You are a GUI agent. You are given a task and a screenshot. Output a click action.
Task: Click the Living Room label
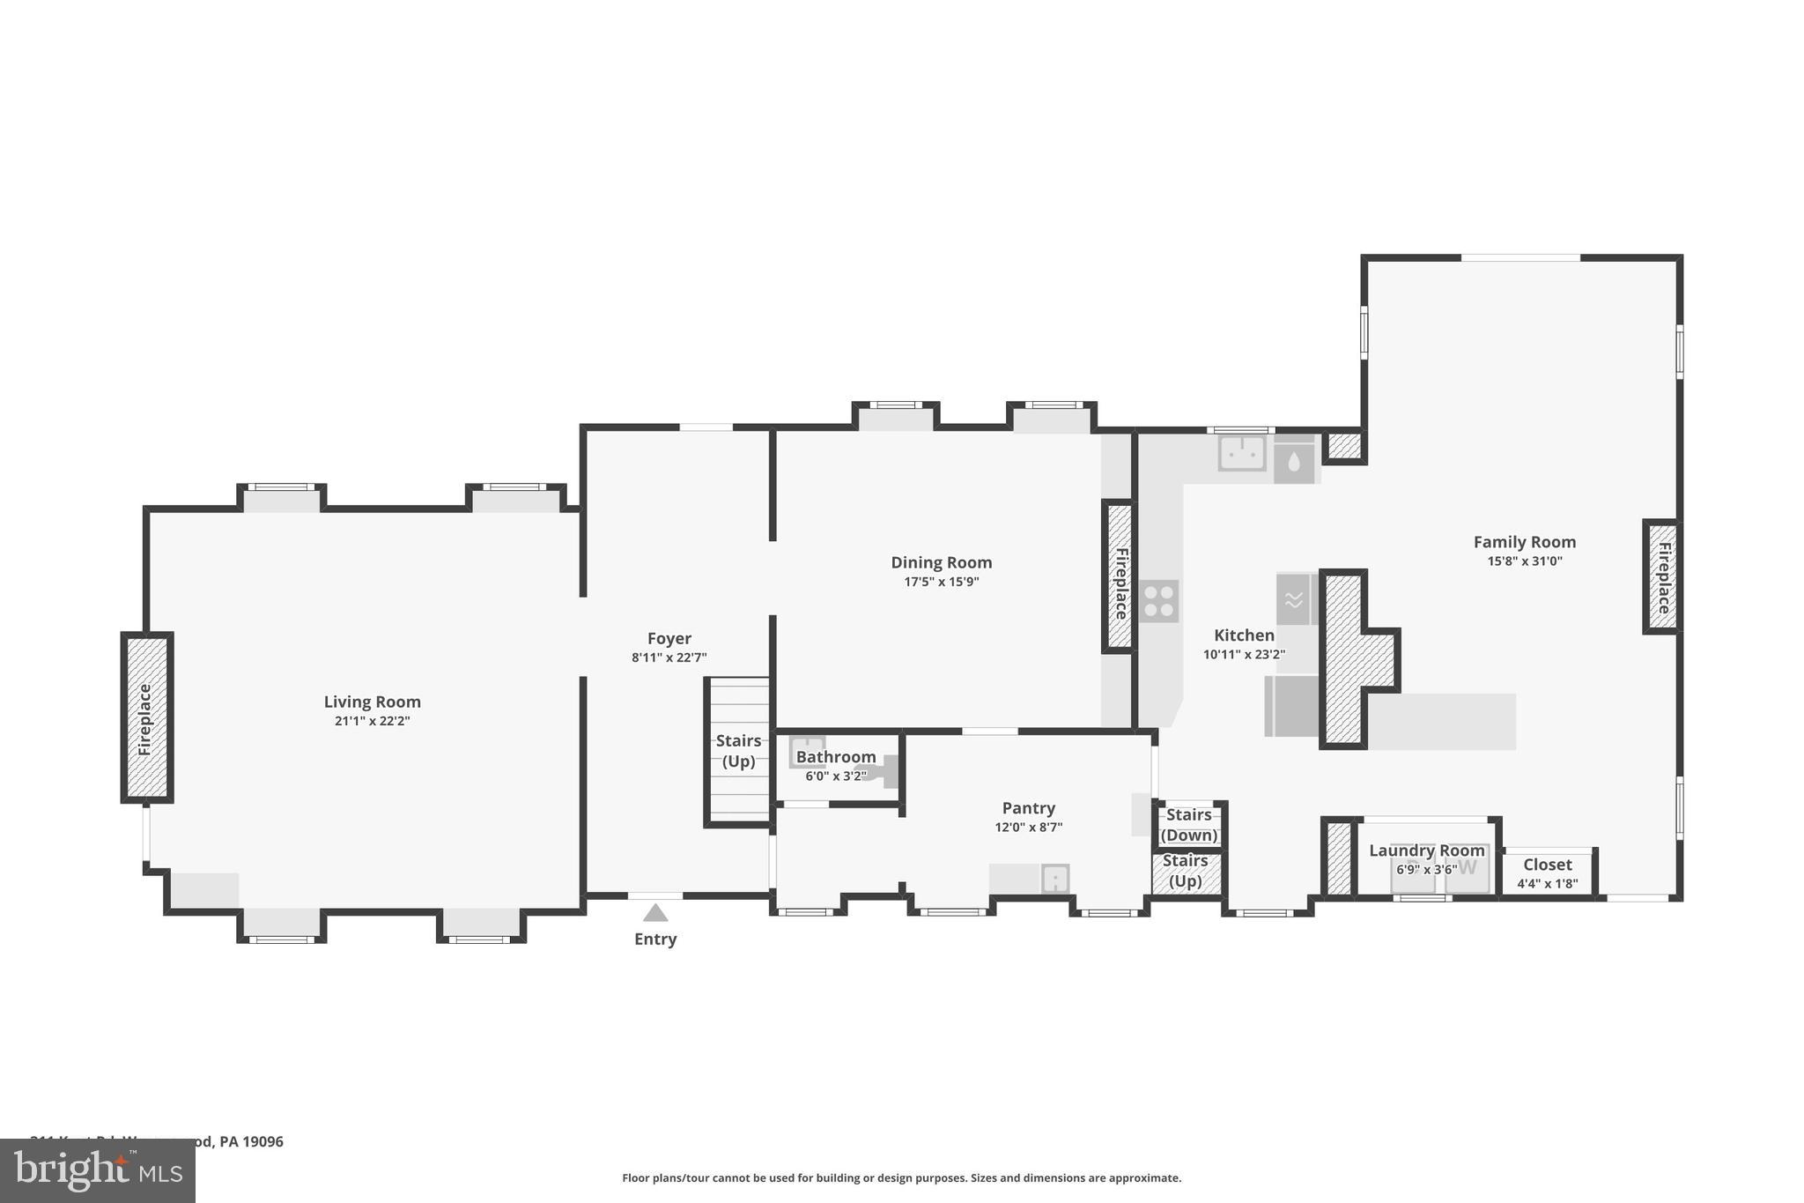click(x=372, y=702)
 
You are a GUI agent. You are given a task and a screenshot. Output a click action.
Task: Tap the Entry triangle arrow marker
click(x=654, y=913)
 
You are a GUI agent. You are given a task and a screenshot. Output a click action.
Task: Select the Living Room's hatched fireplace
click(x=146, y=718)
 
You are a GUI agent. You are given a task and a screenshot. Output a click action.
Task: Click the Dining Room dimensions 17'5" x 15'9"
click(x=941, y=582)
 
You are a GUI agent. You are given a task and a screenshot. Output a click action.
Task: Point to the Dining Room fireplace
click(x=1119, y=577)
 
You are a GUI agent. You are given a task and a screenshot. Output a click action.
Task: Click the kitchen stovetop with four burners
click(x=1158, y=601)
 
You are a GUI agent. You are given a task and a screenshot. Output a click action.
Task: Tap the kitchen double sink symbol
click(x=1242, y=453)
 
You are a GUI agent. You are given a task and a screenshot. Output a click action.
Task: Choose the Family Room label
click(x=1524, y=542)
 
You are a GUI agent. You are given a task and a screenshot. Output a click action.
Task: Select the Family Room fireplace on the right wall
click(x=1662, y=576)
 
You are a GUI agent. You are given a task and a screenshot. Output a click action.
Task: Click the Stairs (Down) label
click(x=1188, y=825)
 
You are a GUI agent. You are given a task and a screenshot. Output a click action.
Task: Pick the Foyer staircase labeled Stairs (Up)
click(x=738, y=751)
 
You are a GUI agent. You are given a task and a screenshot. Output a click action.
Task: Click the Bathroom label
click(x=835, y=757)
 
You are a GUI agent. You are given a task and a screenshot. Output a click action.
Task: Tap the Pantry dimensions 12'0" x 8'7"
click(x=1028, y=828)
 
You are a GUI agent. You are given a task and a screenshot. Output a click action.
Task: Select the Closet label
click(x=1547, y=865)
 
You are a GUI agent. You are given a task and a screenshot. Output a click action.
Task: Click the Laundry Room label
click(x=1426, y=850)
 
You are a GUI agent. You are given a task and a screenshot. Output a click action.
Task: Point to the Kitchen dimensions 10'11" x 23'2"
click(x=1244, y=655)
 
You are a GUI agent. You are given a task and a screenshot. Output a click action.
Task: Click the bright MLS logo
click(x=97, y=1170)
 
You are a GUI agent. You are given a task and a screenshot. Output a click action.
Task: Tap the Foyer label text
click(x=669, y=638)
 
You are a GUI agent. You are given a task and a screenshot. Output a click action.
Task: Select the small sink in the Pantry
click(x=1054, y=879)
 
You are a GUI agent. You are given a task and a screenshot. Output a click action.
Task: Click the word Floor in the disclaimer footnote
click(x=637, y=1178)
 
